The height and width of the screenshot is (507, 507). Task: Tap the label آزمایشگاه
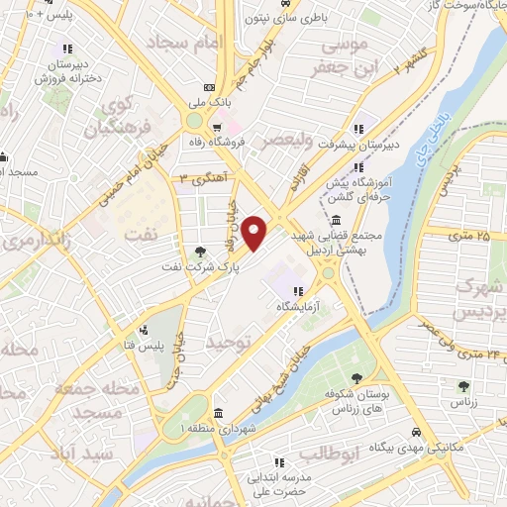pyautogui.click(x=299, y=307)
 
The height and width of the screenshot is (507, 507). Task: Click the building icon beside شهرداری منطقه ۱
pyautogui.click(x=217, y=413)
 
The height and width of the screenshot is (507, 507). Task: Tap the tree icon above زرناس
pyautogui.click(x=460, y=385)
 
